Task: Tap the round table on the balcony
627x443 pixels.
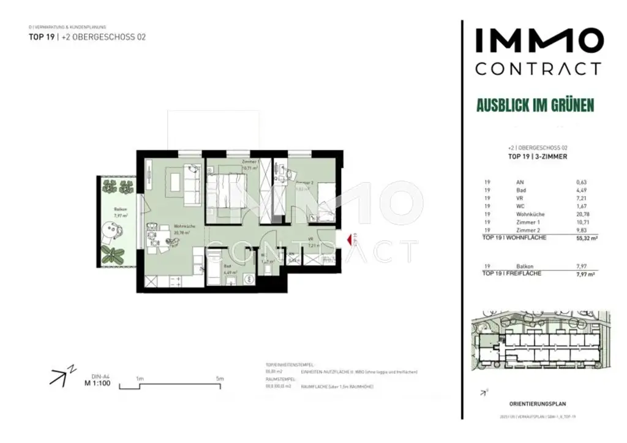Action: click(x=111, y=230)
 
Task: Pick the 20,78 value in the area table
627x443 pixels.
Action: click(x=582, y=214)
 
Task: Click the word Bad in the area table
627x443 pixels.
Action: click(x=520, y=190)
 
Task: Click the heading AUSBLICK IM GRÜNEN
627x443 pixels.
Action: click(x=535, y=105)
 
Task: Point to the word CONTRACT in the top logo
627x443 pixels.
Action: click(x=538, y=68)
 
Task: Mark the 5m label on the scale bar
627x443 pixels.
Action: click(x=220, y=379)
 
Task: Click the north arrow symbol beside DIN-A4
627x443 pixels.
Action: click(x=59, y=377)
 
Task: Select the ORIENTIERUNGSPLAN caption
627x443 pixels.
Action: click(x=538, y=404)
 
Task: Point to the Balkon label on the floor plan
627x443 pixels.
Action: click(x=120, y=210)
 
